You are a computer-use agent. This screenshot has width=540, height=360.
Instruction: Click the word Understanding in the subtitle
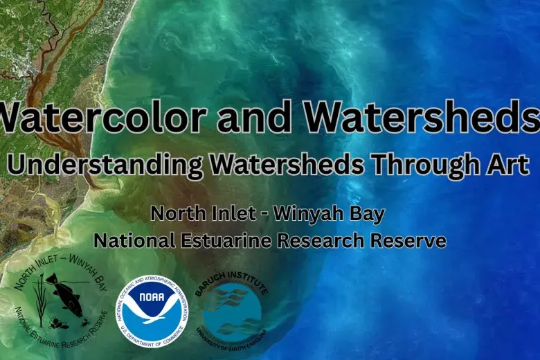pyautogui.click(x=104, y=165)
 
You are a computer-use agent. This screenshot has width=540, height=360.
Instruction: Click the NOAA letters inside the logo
pyautogui.click(x=152, y=302)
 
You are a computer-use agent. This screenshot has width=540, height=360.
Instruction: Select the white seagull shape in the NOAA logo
pyautogui.click(x=152, y=318)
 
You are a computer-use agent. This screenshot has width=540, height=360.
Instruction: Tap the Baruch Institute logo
pyautogui.click(x=232, y=310)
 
